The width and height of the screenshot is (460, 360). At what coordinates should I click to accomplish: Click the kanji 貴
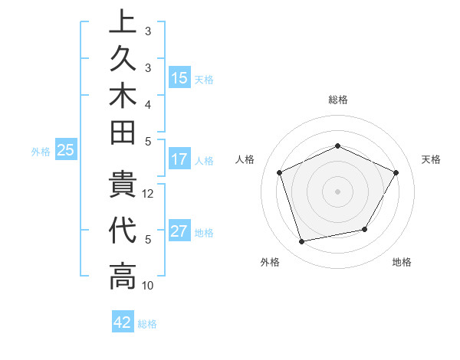pos(123,187)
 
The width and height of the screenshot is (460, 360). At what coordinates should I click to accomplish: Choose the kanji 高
pos(123,277)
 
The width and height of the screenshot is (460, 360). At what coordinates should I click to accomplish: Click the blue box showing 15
pos(179,78)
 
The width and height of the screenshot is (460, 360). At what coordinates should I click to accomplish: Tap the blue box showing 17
pos(179,160)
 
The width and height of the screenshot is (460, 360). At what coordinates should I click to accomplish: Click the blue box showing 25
pos(66,151)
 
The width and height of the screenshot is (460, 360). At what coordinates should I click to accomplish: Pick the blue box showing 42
pos(123,322)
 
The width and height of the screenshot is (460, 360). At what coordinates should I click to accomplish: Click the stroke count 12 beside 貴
pos(149,194)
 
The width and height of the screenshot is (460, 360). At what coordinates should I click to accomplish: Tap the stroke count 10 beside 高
pos(149,286)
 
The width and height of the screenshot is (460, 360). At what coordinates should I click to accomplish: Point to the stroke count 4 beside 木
pos(147,104)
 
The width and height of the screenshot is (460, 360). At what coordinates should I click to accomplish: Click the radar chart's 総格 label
pos(338,100)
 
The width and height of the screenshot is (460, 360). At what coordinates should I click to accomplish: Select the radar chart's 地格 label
pos(402,263)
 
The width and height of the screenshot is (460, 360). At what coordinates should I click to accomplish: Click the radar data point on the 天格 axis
pos(396,172)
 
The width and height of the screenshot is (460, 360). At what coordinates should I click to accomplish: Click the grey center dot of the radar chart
pos(338,191)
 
